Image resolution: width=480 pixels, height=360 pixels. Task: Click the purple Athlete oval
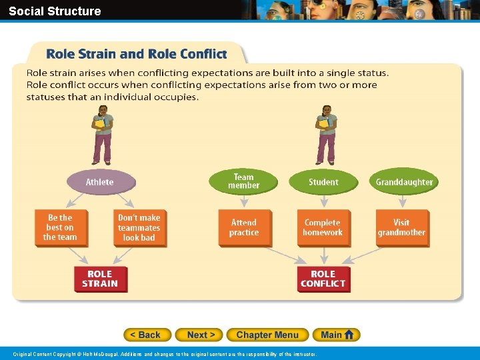pyautogui.click(x=99, y=182)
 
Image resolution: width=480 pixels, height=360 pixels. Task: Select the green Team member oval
pyautogui.click(x=243, y=181)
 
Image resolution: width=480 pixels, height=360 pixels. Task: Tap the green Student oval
pyautogui.click(x=323, y=182)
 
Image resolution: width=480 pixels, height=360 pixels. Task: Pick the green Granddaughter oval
pyautogui.click(x=404, y=182)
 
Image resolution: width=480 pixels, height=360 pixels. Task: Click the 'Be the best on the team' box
pyautogui.click(x=60, y=227)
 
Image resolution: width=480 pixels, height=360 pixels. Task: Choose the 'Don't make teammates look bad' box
pyautogui.click(x=139, y=227)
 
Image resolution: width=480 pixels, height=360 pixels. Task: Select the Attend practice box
pyautogui.click(x=243, y=227)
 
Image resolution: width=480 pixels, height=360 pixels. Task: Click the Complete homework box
pyautogui.click(x=323, y=227)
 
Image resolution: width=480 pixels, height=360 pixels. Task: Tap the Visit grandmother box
pyautogui.click(x=401, y=227)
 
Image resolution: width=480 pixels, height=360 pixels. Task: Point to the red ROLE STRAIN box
pyautogui.click(x=99, y=279)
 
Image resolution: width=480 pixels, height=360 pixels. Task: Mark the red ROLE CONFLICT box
pyautogui.click(x=323, y=279)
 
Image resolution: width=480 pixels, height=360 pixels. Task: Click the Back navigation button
pyautogui.click(x=147, y=335)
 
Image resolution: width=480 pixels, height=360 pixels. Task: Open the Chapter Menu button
pyautogui.click(x=267, y=335)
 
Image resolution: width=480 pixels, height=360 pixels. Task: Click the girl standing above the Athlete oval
pyautogui.click(x=102, y=135)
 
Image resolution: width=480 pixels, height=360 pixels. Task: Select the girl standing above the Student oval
pyautogui.click(x=326, y=135)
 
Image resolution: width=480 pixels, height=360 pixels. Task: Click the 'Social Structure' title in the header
pyautogui.click(x=55, y=11)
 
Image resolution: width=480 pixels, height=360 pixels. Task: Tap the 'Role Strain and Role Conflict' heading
pyautogui.click(x=136, y=54)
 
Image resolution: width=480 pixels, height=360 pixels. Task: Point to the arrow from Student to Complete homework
pyautogui.click(x=323, y=201)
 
